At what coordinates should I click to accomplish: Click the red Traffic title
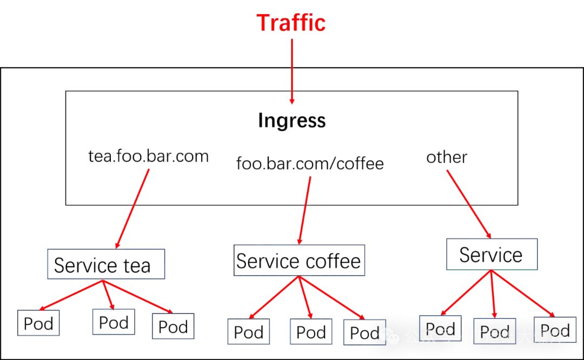(291, 23)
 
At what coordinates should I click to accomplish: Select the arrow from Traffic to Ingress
(292, 70)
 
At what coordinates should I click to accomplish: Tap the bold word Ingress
(291, 120)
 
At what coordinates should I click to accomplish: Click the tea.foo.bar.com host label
(148, 156)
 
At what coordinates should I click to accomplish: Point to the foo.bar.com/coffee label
(310, 163)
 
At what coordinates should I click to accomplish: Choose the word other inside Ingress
(447, 157)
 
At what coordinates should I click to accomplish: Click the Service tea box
(106, 264)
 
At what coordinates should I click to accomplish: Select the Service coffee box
(298, 261)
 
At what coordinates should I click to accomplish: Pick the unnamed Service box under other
(492, 255)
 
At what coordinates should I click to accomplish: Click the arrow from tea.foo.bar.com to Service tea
(133, 208)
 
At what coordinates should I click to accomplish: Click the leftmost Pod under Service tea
(38, 323)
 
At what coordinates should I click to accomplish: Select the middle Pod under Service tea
(114, 322)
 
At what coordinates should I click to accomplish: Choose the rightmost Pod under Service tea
(173, 326)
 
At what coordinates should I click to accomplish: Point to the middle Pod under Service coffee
(311, 332)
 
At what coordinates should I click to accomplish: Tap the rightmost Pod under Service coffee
(364, 333)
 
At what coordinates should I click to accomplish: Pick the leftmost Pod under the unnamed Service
(440, 329)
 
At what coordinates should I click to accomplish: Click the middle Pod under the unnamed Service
(495, 331)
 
